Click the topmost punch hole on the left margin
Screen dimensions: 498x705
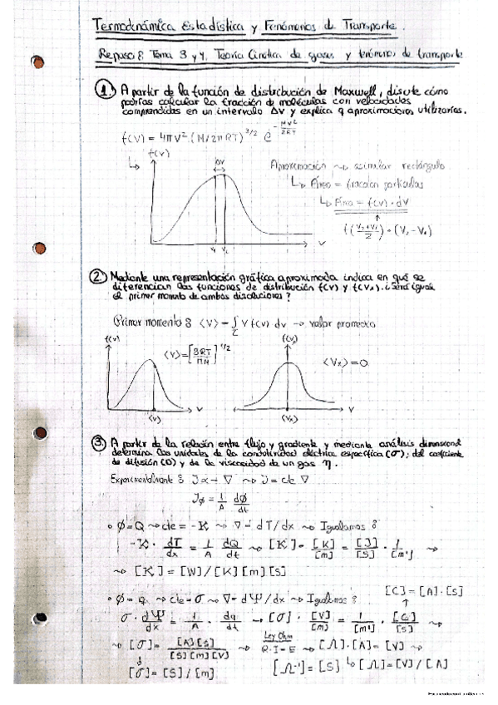[x=37, y=62]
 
